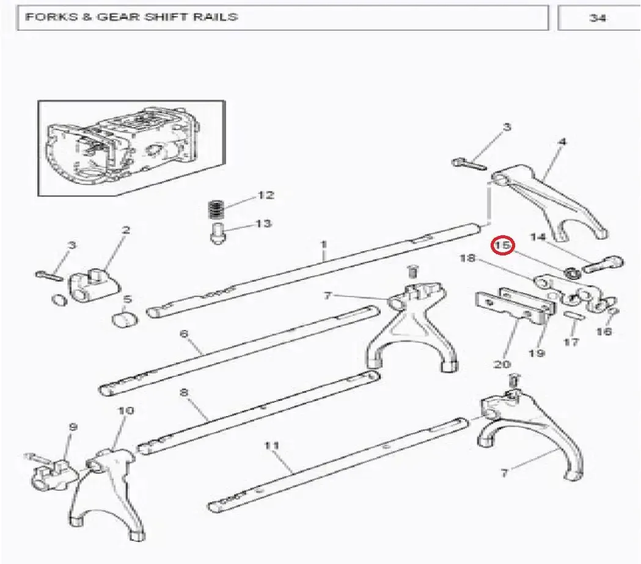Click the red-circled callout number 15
pyautogui.click(x=503, y=245)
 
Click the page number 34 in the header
pyautogui.click(x=598, y=18)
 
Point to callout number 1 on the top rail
pyautogui.click(x=323, y=244)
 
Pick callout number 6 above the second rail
pyautogui.click(x=184, y=334)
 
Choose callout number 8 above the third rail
pyautogui.click(x=184, y=392)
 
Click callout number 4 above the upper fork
pyautogui.click(x=563, y=142)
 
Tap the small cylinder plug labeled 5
pyautogui.click(x=125, y=320)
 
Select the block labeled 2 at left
pyautogui.click(x=93, y=284)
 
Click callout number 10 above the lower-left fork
pyautogui.click(x=126, y=410)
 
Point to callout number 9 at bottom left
pyautogui.click(x=73, y=427)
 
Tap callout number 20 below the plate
pyautogui.click(x=502, y=364)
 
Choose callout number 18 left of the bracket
pyautogui.click(x=467, y=258)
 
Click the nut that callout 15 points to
pyautogui.click(x=572, y=273)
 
